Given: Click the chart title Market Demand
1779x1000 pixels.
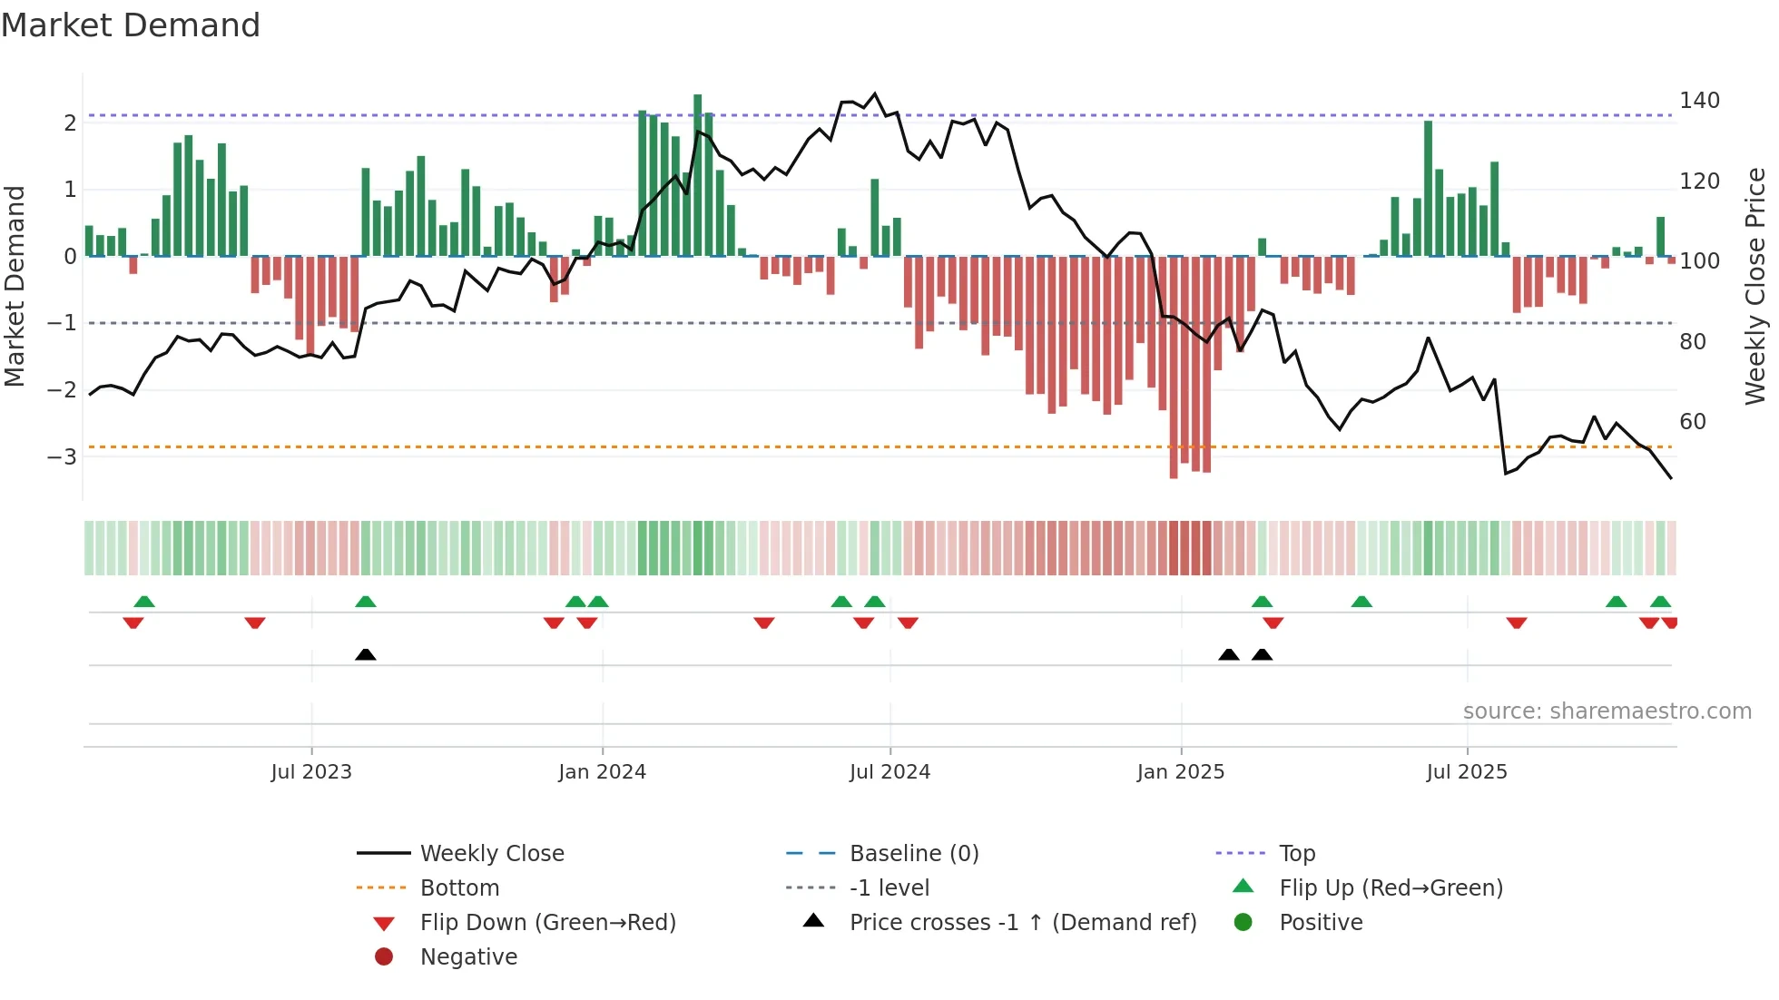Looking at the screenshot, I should click(x=131, y=25).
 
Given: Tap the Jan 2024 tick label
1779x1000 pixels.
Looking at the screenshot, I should click(x=602, y=772).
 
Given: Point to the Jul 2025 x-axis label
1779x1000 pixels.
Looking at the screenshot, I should click(x=1466, y=772).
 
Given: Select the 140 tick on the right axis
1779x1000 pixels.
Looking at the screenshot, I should click(x=1699, y=101).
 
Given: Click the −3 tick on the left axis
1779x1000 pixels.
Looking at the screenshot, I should click(x=62, y=456).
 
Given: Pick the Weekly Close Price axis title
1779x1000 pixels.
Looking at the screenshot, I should click(x=1754, y=286).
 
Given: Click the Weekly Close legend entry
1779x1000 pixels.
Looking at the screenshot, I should click(x=491, y=854).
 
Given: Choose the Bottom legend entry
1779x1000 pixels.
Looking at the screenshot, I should click(x=459, y=888).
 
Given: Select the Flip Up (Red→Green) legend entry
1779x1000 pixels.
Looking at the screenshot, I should click(x=1391, y=888).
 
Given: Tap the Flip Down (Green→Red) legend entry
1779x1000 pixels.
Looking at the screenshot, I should click(x=547, y=923).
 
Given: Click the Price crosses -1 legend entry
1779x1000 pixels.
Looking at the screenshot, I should click(x=1022, y=923).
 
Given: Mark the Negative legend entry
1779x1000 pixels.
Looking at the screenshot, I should click(x=468, y=957).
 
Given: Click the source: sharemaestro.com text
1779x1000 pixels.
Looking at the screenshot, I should click(x=1607, y=711).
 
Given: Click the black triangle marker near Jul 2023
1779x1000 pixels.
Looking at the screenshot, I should click(x=366, y=654).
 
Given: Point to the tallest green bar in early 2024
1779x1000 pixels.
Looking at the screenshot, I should click(x=697, y=172).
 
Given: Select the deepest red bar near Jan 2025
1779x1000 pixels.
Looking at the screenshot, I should click(x=1174, y=368).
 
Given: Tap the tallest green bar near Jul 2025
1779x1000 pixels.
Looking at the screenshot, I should click(x=1429, y=188).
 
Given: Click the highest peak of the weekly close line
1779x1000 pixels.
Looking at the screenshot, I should click(x=875, y=93).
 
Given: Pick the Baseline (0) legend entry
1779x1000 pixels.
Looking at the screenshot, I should click(x=913, y=854).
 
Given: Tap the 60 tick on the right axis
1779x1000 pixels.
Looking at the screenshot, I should click(x=1693, y=422).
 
